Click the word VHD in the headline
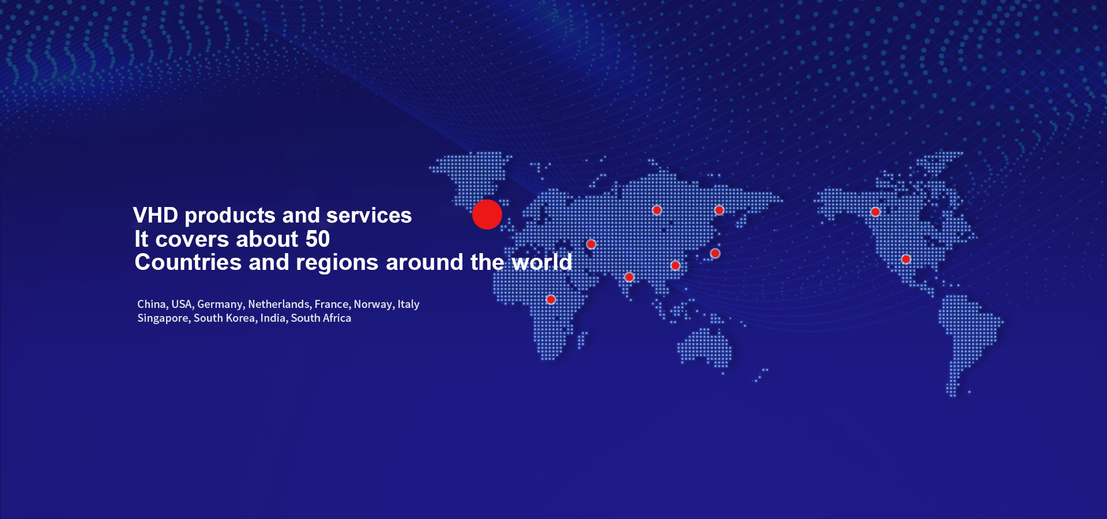[156, 215]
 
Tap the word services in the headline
[369, 215]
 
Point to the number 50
[318, 239]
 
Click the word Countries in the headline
[188, 262]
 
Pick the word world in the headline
[542, 262]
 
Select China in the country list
[152, 304]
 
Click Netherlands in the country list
[279, 304]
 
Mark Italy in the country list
[408, 304]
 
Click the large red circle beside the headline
[487, 215]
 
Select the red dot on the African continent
[551, 299]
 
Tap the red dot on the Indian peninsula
[629, 277]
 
